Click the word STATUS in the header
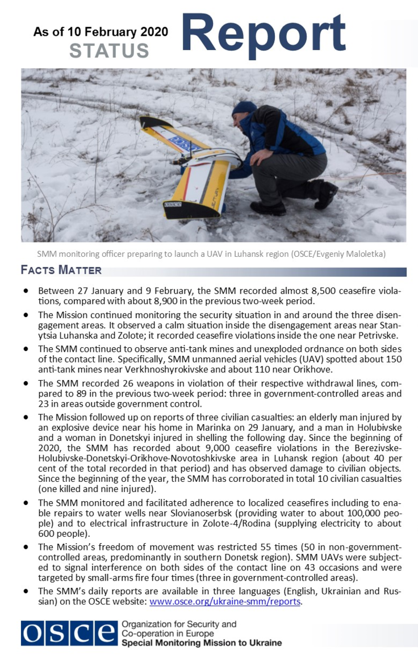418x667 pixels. pos(109,50)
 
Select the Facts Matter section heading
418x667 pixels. pos(61,270)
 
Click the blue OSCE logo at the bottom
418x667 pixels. pos(68,633)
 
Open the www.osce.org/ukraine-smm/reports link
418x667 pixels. pos(224,602)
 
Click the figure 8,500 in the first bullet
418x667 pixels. pos(308,291)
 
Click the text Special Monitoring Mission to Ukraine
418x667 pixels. pos(202,643)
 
